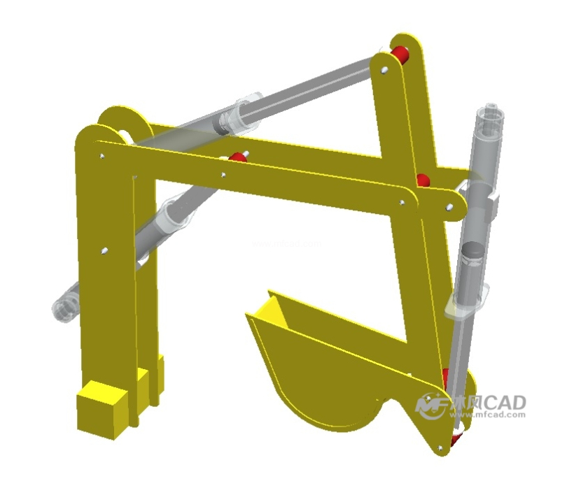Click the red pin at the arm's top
[x=400, y=54]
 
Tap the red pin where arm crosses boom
[x=423, y=180]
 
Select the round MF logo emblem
[x=428, y=406]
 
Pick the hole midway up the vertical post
[x=104, y=250]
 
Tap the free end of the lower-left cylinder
[x=64, y=307]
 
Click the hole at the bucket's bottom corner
[x=440, y=447]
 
